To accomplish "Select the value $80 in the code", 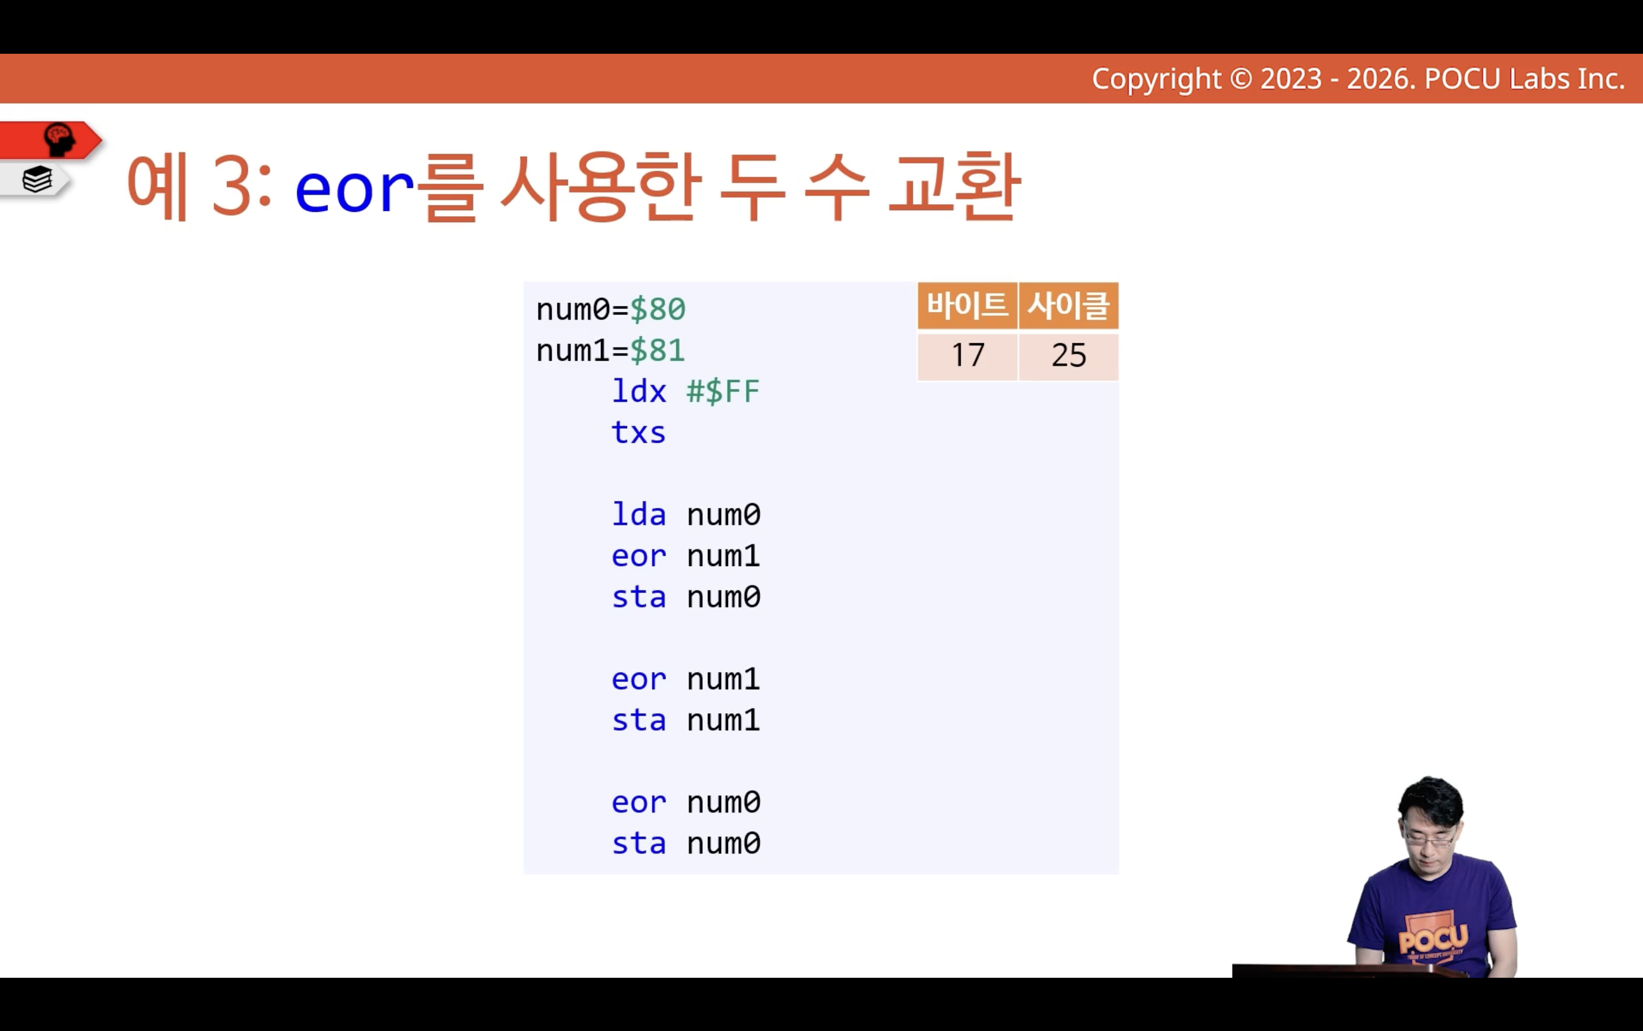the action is click(x=657, y=310).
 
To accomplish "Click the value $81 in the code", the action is click(x=657, y=350).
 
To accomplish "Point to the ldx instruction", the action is click(x=638, y=392).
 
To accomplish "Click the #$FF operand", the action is click(x=723, y=392).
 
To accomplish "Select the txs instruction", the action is click(x=638, y=433).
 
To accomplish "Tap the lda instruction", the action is click(x=638, y=514).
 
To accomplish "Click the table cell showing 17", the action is click(x=968, y=355).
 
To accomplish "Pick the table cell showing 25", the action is click(x=1069, y=355).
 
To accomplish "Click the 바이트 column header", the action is click(x=968, y=305).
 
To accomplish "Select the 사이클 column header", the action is click(x=1069, y=305).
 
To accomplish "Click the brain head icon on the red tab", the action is click(x=60, y=140).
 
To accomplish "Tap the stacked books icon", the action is click(x=37, y=180).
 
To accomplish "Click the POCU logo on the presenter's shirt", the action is click(x=1433, y=939).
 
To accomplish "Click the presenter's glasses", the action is click(x=1429, y=839).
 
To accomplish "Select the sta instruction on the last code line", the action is click(x=638, y=844).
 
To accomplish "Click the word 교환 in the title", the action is click(x=955, y=186).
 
